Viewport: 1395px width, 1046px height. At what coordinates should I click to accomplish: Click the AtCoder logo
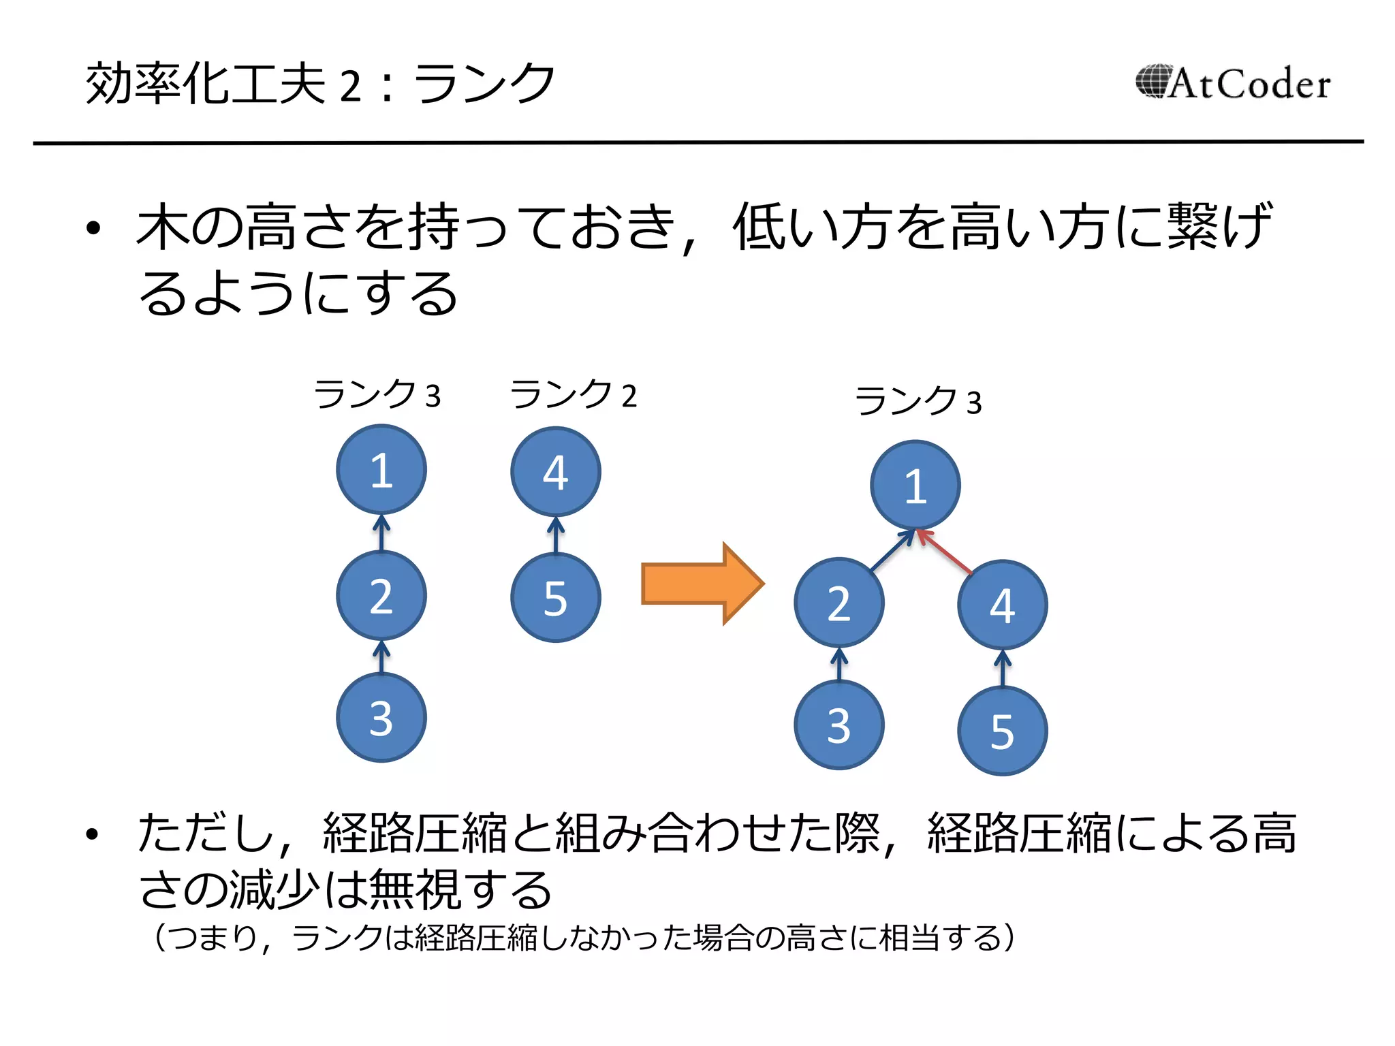(x=1233, y=83)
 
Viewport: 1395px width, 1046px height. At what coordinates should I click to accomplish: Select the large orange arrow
(x=702, y=584)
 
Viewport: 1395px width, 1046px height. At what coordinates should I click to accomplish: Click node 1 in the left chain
(x=381, y=470)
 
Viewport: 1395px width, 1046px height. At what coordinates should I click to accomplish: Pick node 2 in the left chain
(x=381, y=596)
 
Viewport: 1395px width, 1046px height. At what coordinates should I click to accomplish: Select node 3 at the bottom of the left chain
(x=381, y=718)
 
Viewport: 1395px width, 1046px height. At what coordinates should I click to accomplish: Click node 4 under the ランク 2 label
(x=556, y=472)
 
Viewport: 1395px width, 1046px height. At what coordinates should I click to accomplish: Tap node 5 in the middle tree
(x=556, y=598)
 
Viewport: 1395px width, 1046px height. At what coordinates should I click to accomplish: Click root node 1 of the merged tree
(x=915, y=486)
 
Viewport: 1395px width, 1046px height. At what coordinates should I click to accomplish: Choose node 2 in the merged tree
(x=839, y=603)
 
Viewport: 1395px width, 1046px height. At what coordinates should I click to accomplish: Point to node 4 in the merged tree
(x=1002, y=605)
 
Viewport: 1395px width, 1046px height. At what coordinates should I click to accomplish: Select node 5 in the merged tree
(x=1002, y=731)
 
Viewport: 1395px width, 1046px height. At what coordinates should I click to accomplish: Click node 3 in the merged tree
(x=839, y=725)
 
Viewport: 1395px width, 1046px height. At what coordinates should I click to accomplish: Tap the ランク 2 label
(x=574, y=395)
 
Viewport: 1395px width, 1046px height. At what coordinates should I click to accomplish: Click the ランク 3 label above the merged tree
(x=918, y=401)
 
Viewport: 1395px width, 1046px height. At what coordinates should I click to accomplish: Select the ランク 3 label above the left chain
(x=377, y=395)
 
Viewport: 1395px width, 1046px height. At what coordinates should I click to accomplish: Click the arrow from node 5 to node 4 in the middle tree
(x=556, y=535)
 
